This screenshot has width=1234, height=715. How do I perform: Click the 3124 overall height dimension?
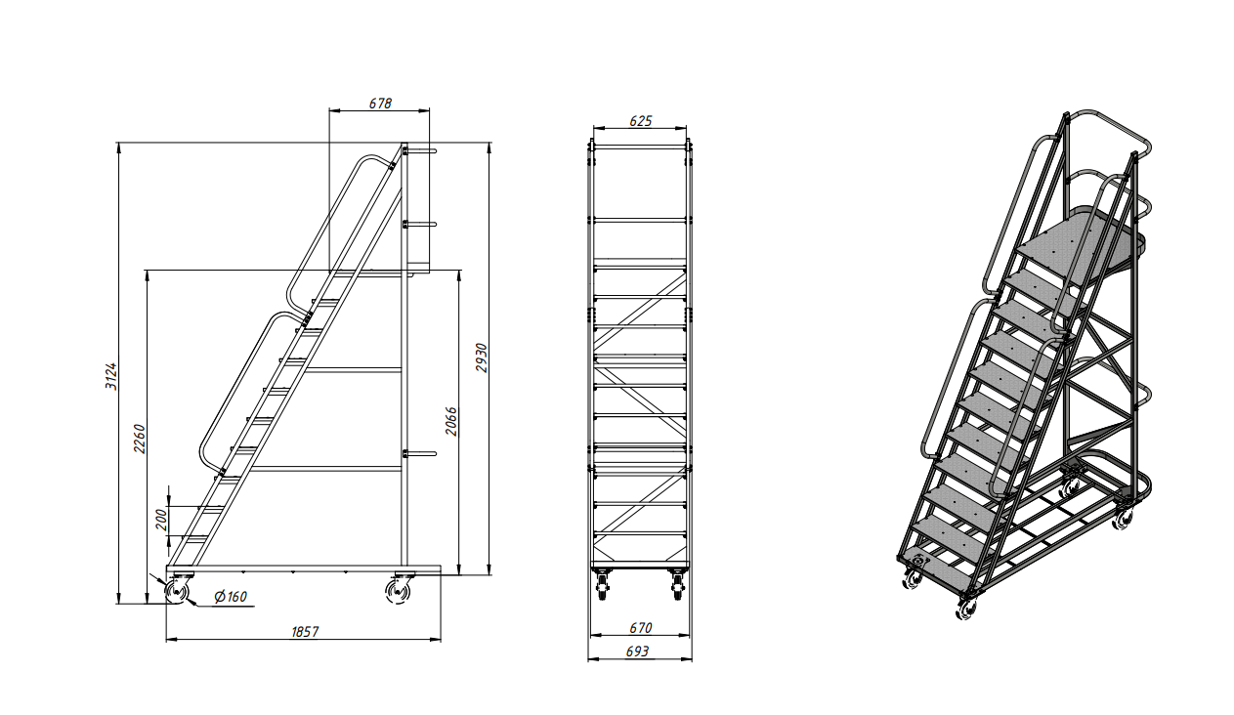(111, 376)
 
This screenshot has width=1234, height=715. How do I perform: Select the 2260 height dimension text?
(140, 439)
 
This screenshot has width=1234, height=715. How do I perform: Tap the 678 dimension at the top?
(380, 103)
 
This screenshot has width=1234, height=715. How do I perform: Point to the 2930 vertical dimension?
(482, 357)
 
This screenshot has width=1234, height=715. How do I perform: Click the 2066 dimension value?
(451, 421)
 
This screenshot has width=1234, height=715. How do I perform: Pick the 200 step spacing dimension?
(161, 520)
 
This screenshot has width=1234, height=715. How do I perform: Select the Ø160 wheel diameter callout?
(231, 596)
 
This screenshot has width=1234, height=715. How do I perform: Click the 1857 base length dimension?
(305, 631)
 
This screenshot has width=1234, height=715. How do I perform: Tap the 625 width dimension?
(641, 121)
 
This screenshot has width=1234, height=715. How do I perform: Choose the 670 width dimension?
(641, 627)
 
